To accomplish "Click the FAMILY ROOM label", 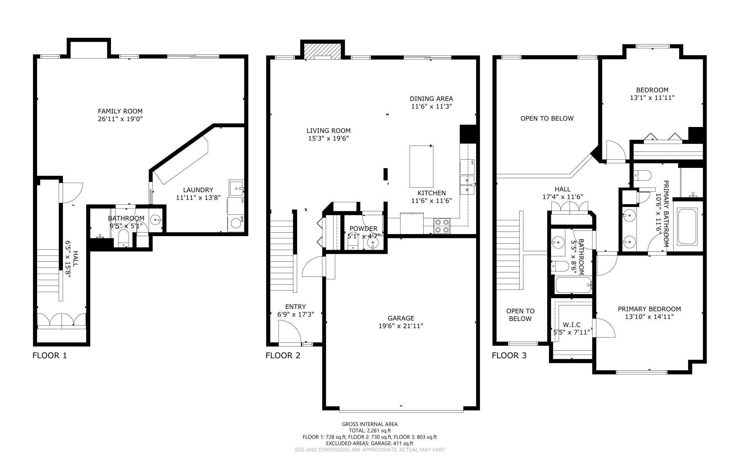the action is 120,111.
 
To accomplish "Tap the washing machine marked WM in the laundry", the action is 236,223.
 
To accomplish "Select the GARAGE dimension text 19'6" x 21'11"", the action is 401,326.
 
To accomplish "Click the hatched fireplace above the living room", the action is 323,50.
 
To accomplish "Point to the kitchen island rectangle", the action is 421,166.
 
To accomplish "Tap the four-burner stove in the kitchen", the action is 442,226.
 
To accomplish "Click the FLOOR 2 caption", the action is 283,355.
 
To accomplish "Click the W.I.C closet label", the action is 572,325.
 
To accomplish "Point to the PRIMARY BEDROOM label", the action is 649,309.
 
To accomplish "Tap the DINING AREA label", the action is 431,99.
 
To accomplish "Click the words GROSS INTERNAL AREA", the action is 370,424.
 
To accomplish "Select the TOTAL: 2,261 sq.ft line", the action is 370,430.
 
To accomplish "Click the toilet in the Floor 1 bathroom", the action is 123,238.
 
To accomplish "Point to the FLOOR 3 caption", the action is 509,355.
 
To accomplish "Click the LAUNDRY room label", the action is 198,190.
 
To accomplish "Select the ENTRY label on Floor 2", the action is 295,307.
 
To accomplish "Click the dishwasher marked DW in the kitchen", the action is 467,166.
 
